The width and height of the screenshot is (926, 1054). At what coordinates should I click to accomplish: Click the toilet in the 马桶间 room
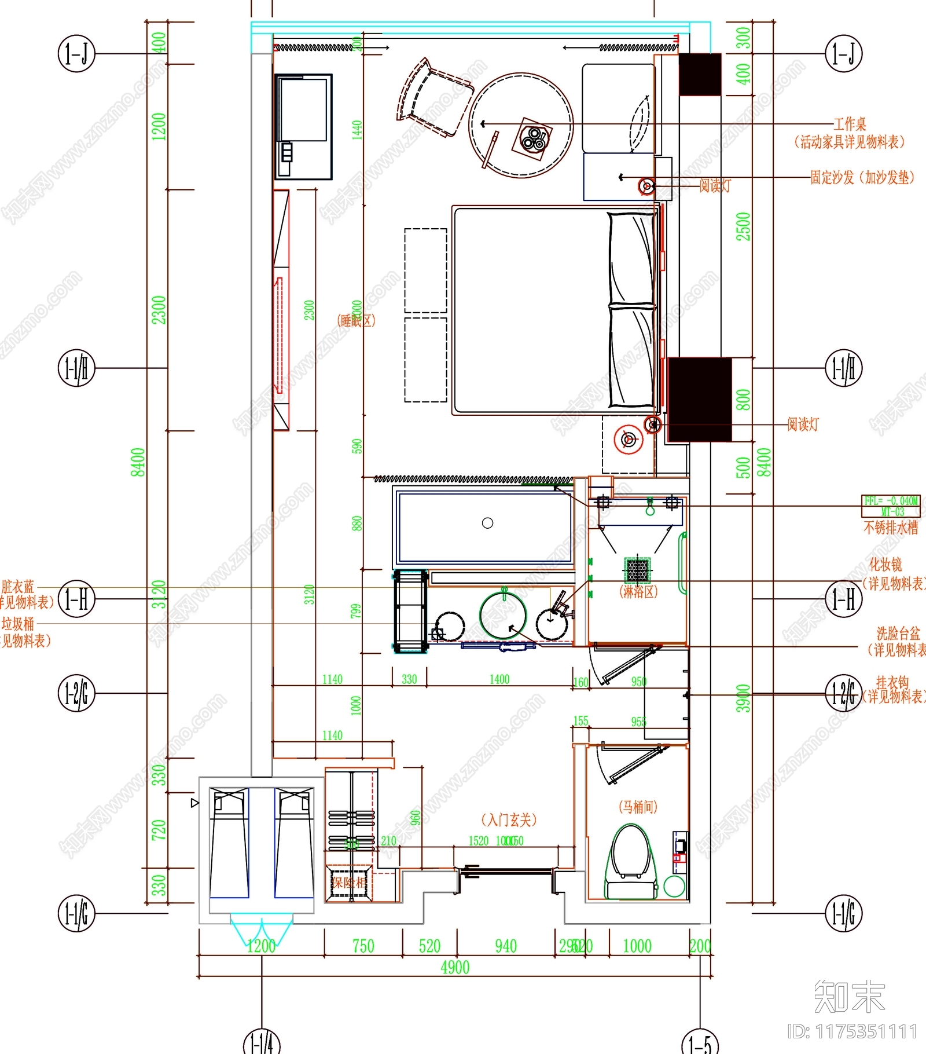(x=631, y=863)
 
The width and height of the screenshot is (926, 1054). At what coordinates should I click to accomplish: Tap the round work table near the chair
(x=520, y=125)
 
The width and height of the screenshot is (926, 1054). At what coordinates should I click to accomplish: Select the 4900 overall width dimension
(x=455, y=968)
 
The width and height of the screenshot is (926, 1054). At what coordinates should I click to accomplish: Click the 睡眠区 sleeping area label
(x=356, y=320)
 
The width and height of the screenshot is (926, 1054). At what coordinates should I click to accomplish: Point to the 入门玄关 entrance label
(x=509, y=819)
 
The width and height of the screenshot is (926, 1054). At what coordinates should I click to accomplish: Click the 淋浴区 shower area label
(x=638, y=592)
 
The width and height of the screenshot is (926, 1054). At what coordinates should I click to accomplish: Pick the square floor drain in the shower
(x=637, y=570)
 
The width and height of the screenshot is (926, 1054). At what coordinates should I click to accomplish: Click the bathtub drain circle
(x=487, y=523)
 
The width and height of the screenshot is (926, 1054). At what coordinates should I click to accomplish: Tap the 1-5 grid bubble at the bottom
(x=700, y=1042)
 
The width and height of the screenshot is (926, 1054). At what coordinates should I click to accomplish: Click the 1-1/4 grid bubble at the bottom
(x=262, y=1042)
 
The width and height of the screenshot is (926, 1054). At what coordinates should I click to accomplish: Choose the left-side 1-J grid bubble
(x=76, y=54)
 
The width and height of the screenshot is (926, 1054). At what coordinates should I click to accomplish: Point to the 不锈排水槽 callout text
(x=891, y=528)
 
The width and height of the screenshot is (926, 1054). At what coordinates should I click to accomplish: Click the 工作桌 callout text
(x=850, y=124)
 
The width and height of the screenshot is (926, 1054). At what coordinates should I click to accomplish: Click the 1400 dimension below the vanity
(x=499, y=679)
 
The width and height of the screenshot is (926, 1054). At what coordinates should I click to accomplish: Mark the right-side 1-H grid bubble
(x=843, y=599)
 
